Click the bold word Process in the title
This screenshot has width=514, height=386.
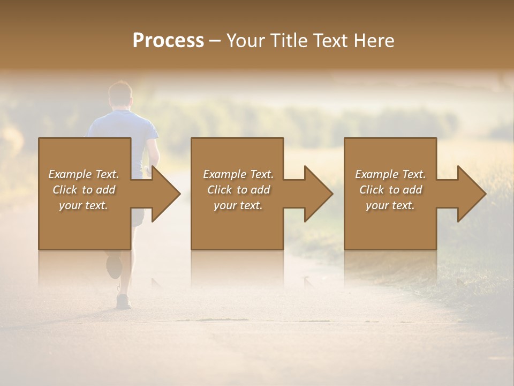click(168, 41)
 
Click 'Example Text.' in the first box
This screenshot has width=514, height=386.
click(84, 174)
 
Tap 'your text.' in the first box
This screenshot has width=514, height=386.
click(84, 205)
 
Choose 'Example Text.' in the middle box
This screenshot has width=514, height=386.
click(238, 174)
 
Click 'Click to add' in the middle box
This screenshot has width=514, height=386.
click(238, 190)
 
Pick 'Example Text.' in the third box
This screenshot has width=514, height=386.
click(390, 174)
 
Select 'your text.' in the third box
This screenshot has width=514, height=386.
click(390, 205)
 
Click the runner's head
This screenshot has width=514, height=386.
click(120, 94)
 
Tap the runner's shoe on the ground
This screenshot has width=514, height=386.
click(124, 301)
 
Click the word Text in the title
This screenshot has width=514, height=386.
click(333, 41)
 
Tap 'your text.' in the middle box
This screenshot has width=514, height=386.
click(238, 205)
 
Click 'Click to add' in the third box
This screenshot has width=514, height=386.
click(390, 190)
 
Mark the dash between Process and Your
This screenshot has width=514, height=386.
click(215, 41)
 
